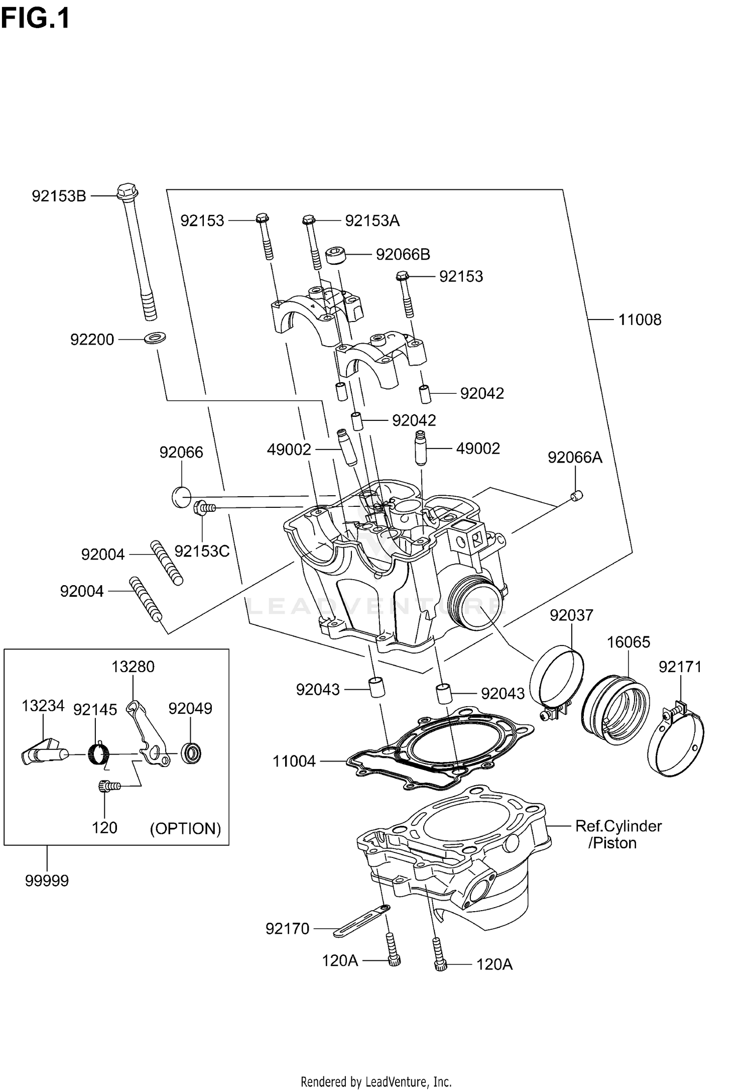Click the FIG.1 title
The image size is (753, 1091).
click(x=35, y=19)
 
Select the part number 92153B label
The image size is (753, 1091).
click(x=59, y=196)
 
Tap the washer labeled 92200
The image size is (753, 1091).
click(x=155, y=338)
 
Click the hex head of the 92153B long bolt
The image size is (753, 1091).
click(x=127, y=191)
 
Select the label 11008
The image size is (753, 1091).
click(x=640, y=319)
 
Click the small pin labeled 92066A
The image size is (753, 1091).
click(x=577, y=496)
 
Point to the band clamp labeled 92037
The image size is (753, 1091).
click(x=557, y=676)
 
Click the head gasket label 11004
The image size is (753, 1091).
click(x=294, y=761)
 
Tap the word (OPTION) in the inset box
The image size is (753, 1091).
click(x=186, y=828)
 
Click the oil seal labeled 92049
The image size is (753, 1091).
click(x=191, y=753)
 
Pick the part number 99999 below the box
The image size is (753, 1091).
click(x=47, y=881)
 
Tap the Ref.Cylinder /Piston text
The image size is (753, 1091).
click(x=618, y=834)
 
